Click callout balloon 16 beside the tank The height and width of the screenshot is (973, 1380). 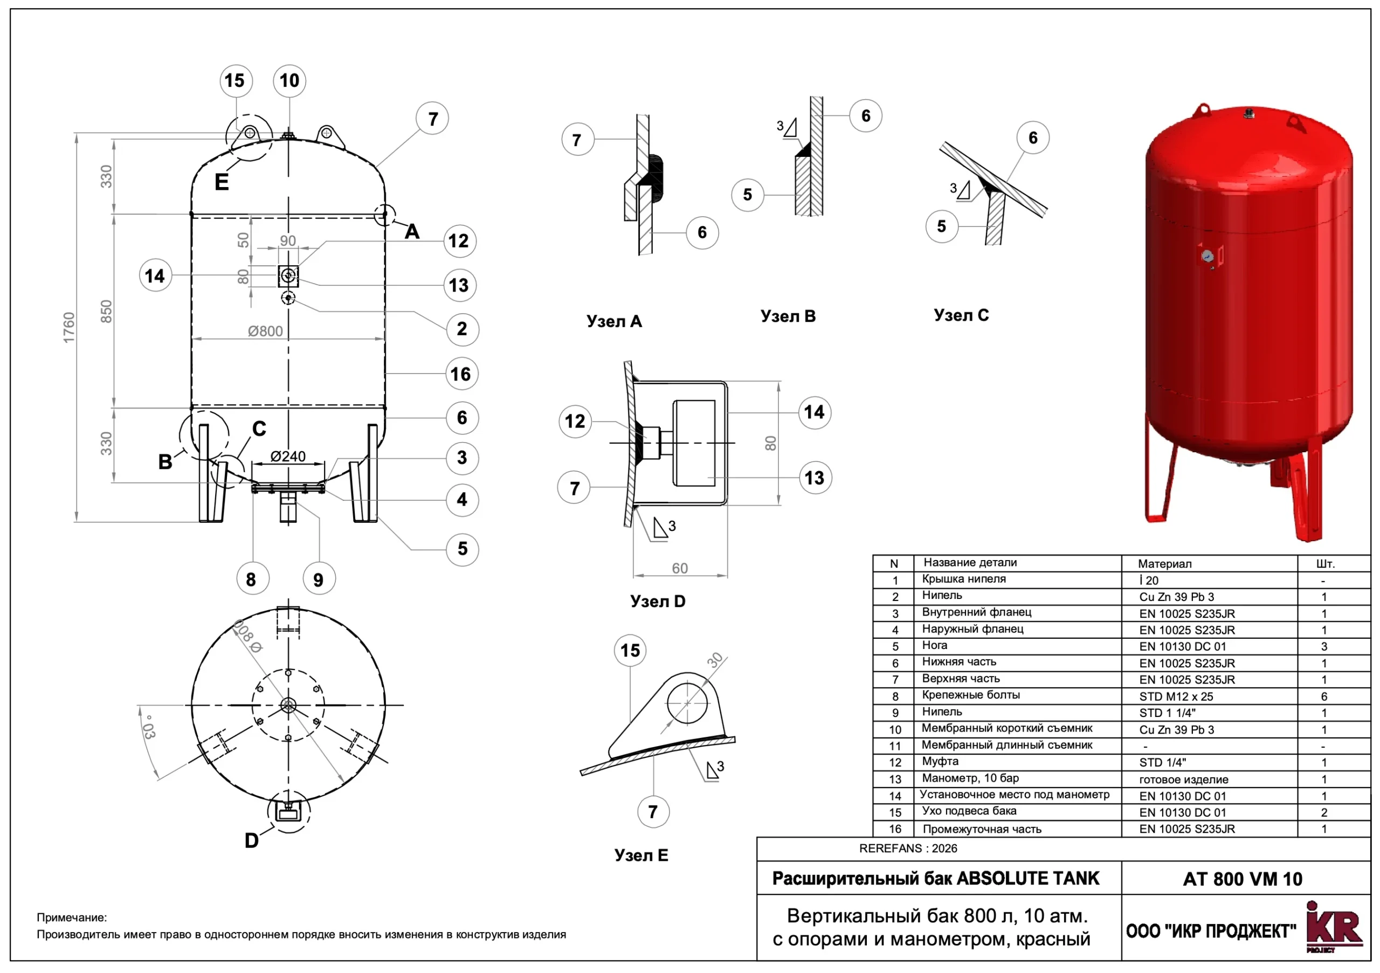tap(461, 374)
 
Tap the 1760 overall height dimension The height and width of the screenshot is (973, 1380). tap(69, 328)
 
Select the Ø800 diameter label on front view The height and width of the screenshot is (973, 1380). tap(265, 331)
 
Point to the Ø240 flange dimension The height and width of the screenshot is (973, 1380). tap(288, 457)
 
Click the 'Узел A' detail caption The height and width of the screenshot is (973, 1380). tap(615, 321)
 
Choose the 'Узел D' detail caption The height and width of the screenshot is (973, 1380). tap(658, 602)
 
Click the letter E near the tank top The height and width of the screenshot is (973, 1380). tap(222, 182)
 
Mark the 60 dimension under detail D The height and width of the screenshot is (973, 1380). tap(680, 569)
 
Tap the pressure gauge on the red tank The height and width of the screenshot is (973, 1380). tap(1207, 257)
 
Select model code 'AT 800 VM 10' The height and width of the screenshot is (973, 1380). tap(1243, 879)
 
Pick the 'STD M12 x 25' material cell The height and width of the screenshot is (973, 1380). tap(1176, 696)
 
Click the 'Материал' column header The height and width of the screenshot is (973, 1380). tap(1164, 564)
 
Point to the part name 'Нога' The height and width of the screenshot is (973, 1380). tap(935, 645)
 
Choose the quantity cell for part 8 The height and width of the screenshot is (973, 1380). tap(1324, 696)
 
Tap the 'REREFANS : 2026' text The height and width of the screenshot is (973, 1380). tap(908, 848)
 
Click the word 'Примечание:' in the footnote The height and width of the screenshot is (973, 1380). tap(72, 917)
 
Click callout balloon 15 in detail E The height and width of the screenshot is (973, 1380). tap(630, 650)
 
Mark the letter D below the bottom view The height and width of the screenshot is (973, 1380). tap(252, 841)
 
